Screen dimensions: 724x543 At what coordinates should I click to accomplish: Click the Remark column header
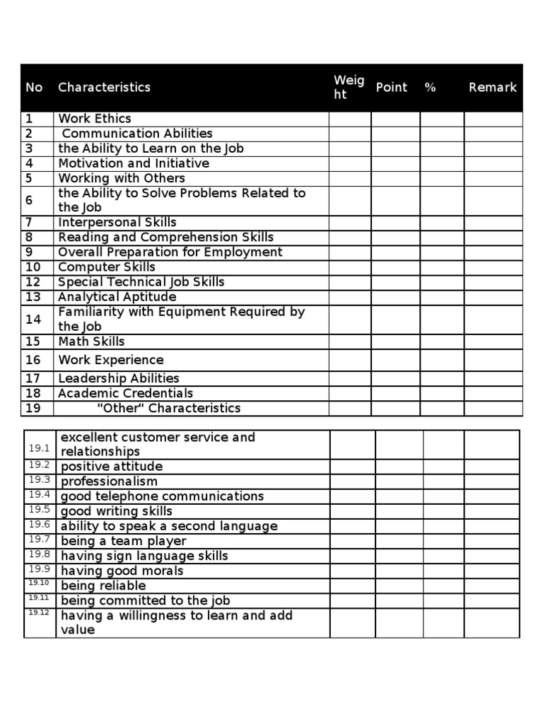pos(492,88)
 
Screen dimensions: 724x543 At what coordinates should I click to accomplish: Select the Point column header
pos(391,88)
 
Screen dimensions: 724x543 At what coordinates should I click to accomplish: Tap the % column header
pos(430,88)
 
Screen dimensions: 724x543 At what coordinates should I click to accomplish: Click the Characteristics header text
pos(104,88)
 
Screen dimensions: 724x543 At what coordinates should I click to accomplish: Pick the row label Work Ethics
pos(94,119)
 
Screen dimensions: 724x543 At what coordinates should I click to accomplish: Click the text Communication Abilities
pos(137,134)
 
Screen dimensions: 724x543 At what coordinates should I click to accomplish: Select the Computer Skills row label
pos(106,267)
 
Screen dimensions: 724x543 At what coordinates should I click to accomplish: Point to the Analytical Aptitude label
pos(117,297)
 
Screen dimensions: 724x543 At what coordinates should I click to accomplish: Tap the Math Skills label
pos(91,341)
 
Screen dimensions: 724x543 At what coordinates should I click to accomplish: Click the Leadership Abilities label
pos(118,378)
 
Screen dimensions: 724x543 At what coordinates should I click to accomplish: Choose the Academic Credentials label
pos(125,393)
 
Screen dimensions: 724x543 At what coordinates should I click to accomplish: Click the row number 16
pos(33,360)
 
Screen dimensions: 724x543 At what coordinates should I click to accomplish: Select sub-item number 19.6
pos(39,525)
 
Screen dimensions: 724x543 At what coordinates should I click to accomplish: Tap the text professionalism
pos(109,481)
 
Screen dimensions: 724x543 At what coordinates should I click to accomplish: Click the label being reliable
pos(103,585)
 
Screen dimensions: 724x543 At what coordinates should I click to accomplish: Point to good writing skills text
pos(116,511)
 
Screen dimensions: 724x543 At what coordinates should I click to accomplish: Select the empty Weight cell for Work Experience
pos(349,360)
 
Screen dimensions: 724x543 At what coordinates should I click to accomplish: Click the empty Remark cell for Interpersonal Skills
pos(493,223)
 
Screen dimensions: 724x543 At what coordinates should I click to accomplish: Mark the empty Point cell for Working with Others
pos(395,178)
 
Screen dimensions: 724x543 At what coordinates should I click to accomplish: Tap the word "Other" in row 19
pos(120,408)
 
